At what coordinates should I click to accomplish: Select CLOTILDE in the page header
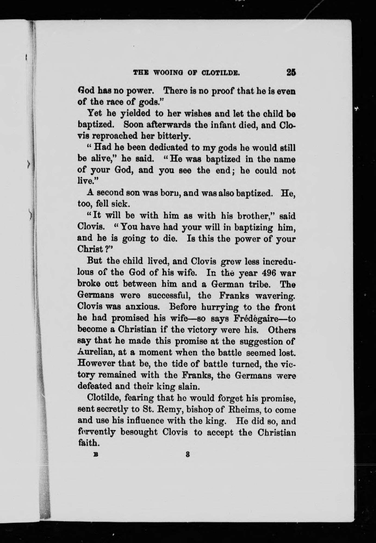pyautogui.click(x=221, y=73)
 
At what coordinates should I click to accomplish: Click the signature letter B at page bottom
pyautogui.click(x=95, y=454)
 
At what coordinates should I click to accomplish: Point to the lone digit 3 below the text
pyautogui.click(x=187, y=454)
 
